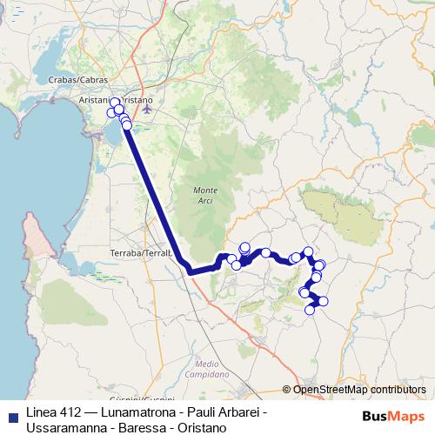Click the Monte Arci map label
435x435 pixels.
click(205, 194)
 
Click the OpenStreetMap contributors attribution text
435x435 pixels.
click(359, 389)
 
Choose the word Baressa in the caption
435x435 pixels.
click(144, 427)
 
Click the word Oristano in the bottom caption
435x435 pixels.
click(202, 427)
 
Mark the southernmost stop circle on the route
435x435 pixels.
click(310, 310)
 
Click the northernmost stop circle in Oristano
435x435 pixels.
click(115, 103)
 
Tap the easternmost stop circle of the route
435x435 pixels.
click(325, 302)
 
